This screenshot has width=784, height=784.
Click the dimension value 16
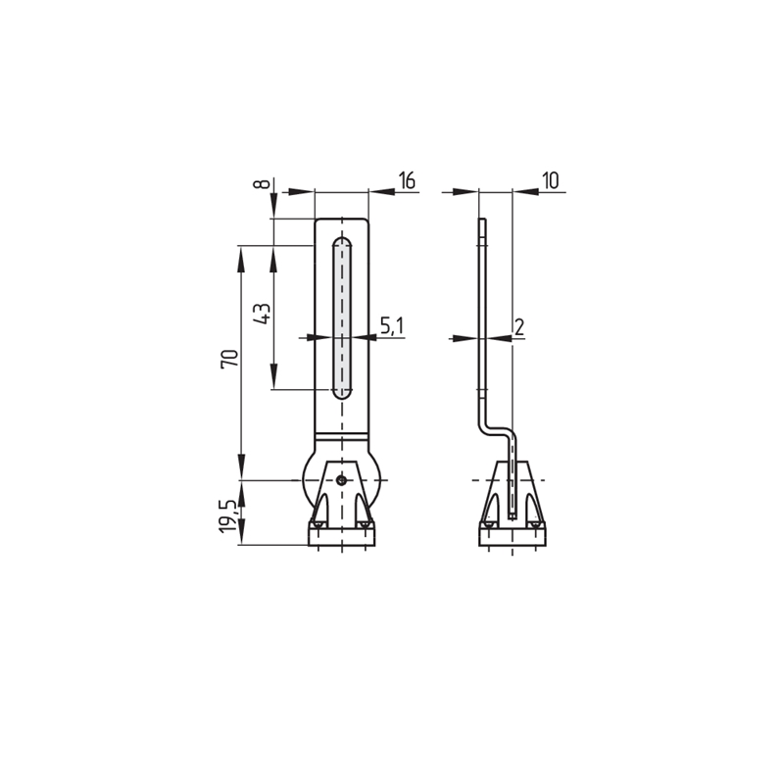pyautogui.click(x=407, y=180)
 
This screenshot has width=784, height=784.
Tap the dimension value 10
pyautogui.click(x=550, y=180)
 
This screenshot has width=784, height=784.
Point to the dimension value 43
pyautogui.click(x=262, y=314)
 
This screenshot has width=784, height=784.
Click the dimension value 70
pyautogui.click(x=229, y=359)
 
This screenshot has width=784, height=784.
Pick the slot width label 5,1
pyautogui.click(x=392, y=326)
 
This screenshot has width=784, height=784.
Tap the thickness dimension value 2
pyautogui.click(x=519, y=327)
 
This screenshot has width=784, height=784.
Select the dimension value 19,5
pyautogui.click(x=229, y=517)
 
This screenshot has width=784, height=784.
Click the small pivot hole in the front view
pyautogui.click(x=341, y=480)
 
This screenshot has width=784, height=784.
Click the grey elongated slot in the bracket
pyautogui.click(x=341, y=318)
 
